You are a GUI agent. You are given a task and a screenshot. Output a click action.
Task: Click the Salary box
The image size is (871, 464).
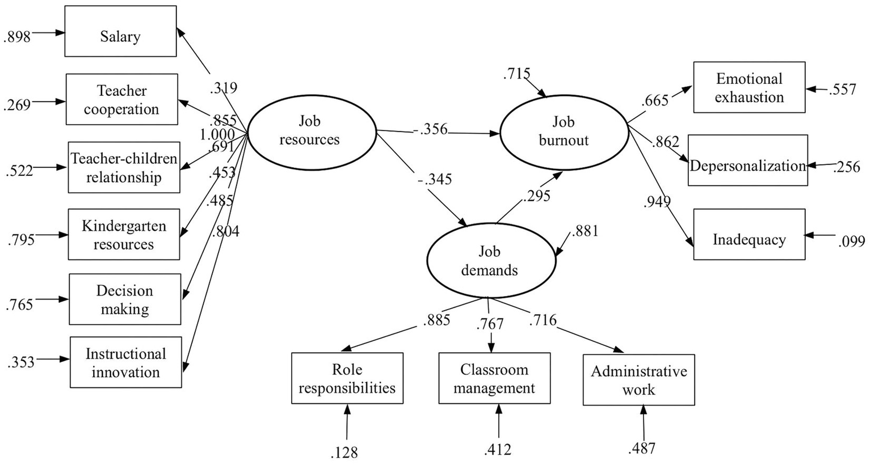pos(120,32)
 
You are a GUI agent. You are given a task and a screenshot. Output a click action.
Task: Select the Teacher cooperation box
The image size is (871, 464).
pos(121,99)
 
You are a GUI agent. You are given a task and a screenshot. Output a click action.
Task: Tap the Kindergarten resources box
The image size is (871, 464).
pos(124,234)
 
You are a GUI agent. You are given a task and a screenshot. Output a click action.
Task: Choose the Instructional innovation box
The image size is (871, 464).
pos(126,362)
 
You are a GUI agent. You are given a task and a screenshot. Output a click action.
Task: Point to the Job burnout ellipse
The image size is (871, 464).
pos(564,131)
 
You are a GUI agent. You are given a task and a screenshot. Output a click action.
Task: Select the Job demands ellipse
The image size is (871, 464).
pos(490,260)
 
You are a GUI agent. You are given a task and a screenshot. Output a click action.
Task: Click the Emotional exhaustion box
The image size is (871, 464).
pos(749,87)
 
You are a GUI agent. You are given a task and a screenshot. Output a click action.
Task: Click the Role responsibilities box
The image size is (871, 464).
pos(347,378)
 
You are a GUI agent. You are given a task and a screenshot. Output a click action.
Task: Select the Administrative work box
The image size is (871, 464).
pos(638,380)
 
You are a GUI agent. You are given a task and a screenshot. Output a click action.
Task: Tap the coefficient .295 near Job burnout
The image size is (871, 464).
pos(536,196)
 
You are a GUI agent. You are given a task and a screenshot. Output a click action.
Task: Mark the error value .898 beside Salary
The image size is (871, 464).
pos(17,36)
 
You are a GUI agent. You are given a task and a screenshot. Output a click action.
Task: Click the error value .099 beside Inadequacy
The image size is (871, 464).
pos(851,242)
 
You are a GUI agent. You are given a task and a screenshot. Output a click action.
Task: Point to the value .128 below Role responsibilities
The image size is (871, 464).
pos(345,452)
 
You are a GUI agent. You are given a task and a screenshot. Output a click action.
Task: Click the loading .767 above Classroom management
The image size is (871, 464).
pos(491,324)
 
